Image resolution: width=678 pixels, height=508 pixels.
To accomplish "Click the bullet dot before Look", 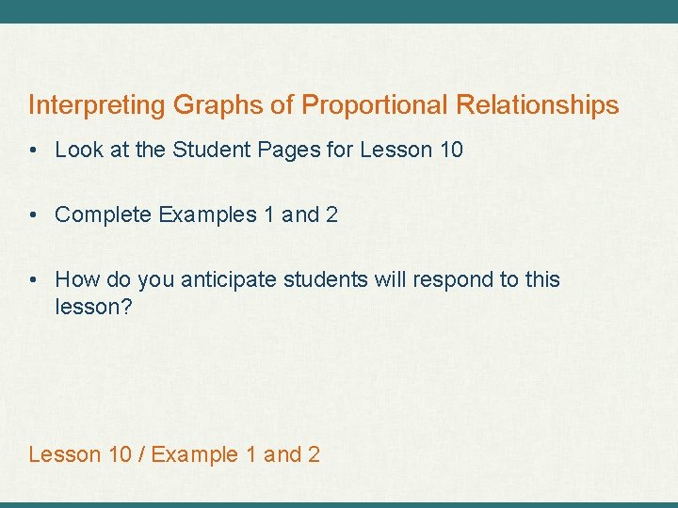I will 35,150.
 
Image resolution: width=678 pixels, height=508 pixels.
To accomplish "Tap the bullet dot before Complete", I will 35,214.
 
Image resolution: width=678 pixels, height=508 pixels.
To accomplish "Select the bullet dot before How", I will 35,279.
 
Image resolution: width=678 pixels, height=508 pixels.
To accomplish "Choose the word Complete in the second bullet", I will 103,214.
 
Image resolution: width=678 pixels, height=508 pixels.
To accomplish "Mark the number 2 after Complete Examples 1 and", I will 331,214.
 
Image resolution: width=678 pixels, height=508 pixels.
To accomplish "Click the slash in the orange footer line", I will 141,454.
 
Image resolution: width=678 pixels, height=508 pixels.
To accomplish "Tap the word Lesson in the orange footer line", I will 65,454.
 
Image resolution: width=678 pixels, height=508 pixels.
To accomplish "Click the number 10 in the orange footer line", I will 121,454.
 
